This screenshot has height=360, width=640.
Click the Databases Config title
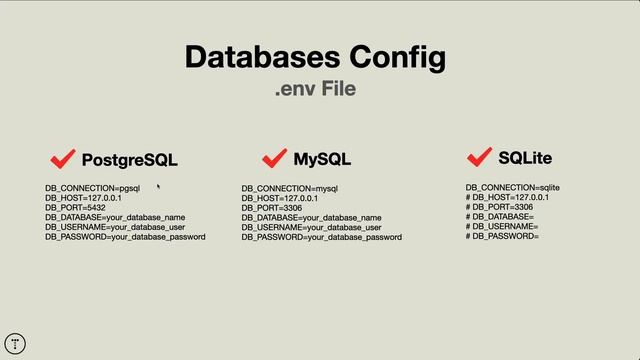[x=315, y=57]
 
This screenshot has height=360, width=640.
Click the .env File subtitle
[x=315, y=90]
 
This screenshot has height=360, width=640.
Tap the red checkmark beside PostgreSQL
[x=63, y=159]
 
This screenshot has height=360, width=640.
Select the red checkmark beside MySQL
[x=274, y=158]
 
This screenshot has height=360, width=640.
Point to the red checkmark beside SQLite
[x=479, y=157]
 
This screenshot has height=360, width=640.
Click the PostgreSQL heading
[x=129, y=160]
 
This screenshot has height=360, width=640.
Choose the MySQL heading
[x=322, y=159]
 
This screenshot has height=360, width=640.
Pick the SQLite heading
[x=525, y=158]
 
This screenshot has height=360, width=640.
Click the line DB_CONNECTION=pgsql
[x=92, y=188]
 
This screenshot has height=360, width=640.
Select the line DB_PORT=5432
[x=75, y=208]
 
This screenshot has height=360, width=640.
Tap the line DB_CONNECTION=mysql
[x=290, y=188]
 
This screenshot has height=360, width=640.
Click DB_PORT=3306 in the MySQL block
[x=272, y=208]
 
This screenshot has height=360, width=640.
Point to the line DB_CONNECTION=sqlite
[x=512, y=188]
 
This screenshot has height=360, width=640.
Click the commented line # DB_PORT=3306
[x=499, y=207]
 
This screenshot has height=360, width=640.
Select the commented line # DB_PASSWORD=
[x=503, y=237]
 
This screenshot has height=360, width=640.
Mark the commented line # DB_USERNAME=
[x=502, y=227]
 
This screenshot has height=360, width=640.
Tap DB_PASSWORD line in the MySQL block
[x=321, y=237]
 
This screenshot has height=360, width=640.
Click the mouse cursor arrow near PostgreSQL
[x=158, y=185]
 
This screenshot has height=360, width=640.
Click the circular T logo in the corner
[x=15, y=343]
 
